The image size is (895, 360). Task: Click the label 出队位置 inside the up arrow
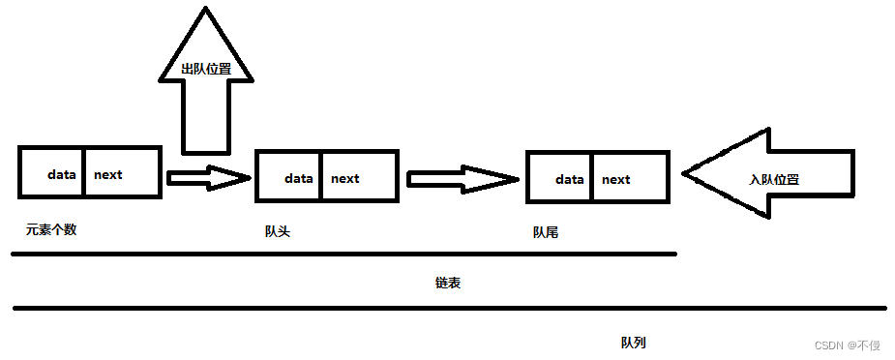(x=204, y=70)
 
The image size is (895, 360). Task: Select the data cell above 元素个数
(x=62, y=174)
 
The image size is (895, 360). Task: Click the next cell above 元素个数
(x=108, y=174)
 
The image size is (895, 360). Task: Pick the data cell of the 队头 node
(x=298, y=178)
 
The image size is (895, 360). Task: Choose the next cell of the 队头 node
(x=344, y=178)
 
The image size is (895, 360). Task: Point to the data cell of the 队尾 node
(x=570, y=179)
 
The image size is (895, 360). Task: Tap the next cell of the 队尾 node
(x=615, y=179)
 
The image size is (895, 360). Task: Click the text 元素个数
(x=51, y=229)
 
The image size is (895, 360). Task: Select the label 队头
(x=278, y=231)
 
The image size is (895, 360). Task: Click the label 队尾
(x=546, y=233)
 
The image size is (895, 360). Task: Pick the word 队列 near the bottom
(x=634, y=344)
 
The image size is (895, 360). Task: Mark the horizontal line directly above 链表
(x=343, y=255)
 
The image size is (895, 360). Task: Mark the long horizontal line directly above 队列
(x=449, y=309)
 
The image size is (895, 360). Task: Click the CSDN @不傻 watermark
(x=848, y=345)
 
